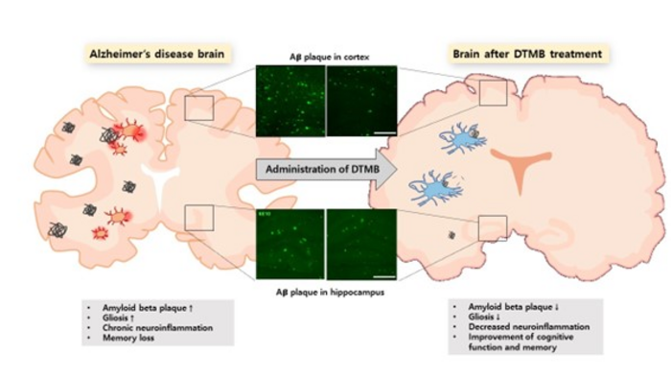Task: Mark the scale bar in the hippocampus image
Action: pos(382,275)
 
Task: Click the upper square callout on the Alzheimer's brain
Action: pos(198,108)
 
